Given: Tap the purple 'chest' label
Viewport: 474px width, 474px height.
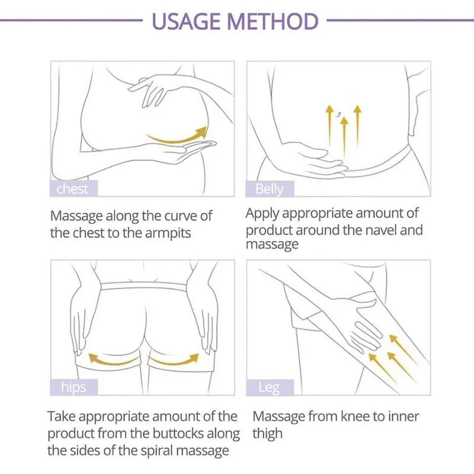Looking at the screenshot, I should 72,189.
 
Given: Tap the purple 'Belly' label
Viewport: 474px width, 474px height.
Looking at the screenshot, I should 269,189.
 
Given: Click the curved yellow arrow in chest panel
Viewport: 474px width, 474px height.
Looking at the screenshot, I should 178,137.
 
